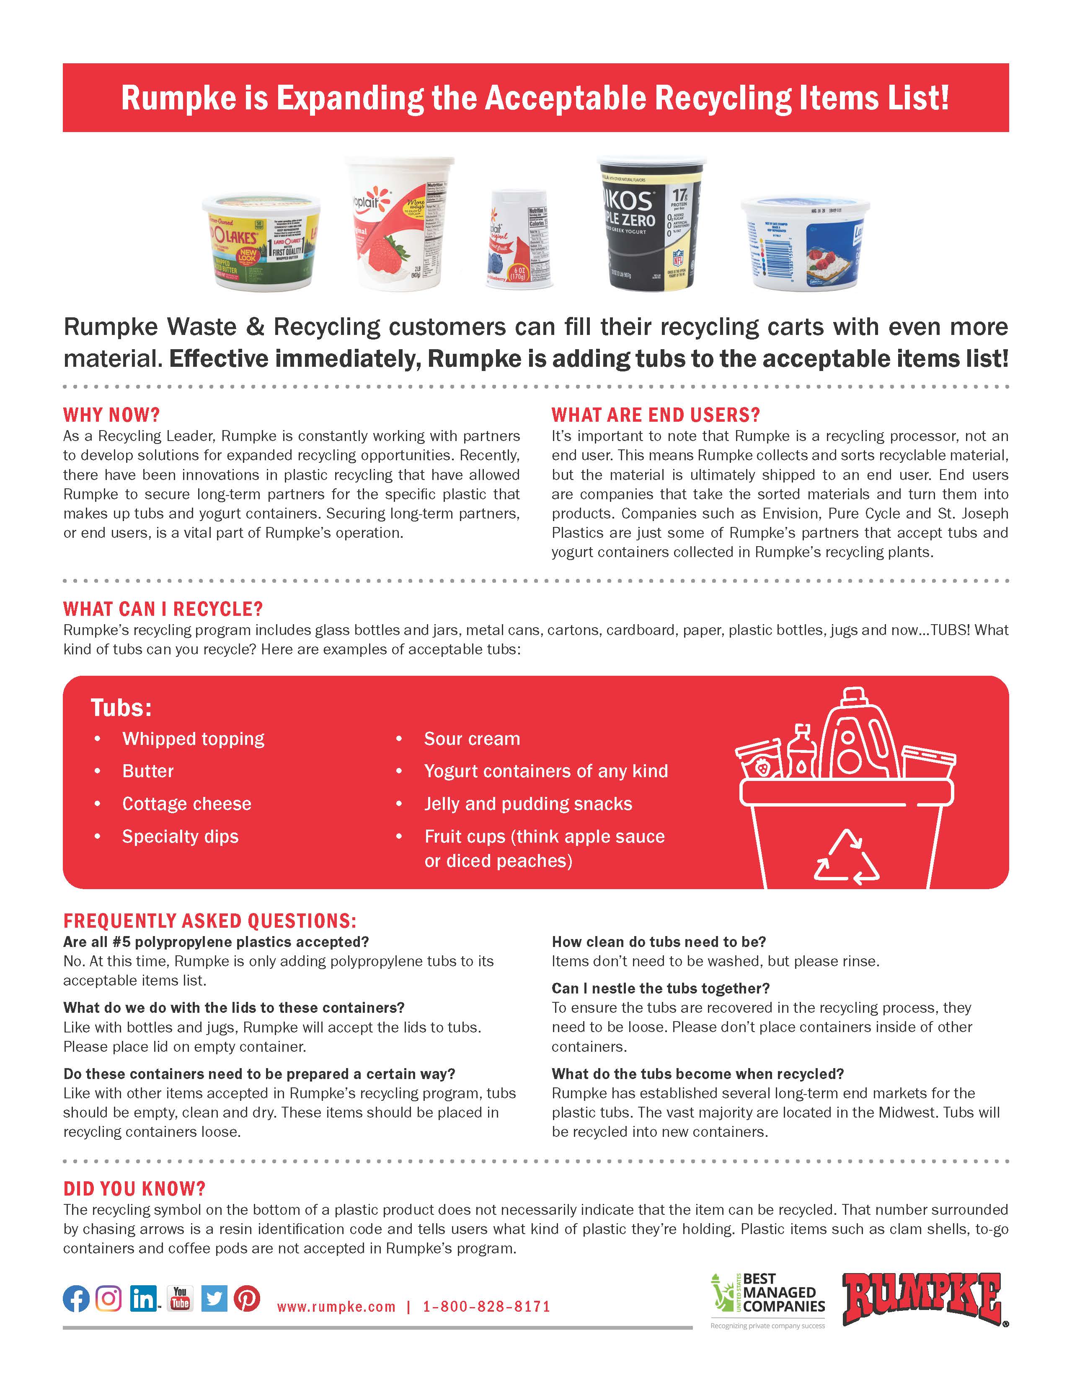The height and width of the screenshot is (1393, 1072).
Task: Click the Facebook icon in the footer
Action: pyautogui.click(x=76, y=1298)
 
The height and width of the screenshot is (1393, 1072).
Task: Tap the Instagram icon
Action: pyautogui.click(x=109, y=1298)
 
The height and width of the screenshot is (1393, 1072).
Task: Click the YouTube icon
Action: pyautogui.click(x=180, y=1298)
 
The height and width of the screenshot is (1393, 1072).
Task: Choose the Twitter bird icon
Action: pyautogui.click(x=214, y=1298)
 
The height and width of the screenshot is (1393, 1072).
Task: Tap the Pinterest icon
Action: pyautogui.click(x=247, y=1298)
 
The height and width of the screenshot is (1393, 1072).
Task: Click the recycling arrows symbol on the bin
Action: pyautogui.click(x=846, y=857)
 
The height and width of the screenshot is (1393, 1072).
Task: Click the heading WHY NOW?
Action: pyautogui.click(x=111, y=415)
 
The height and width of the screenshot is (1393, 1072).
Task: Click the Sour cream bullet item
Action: pyautogui.click(x=472, y=739)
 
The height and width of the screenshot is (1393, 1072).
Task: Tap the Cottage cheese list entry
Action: pyautogui.click(x=187, y=804)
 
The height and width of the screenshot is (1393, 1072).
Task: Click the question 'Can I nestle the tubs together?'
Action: pyautogui.click(x=660, y=988)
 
